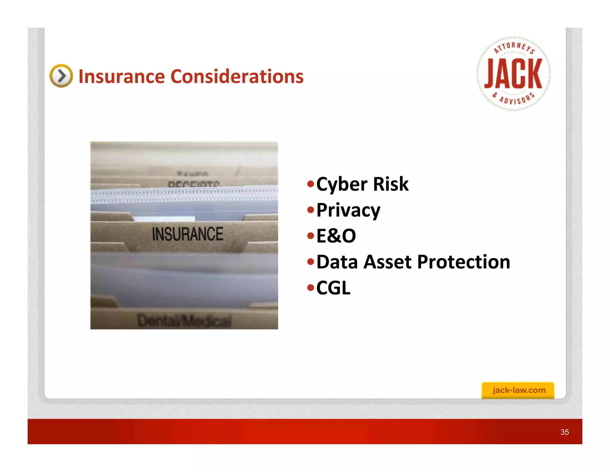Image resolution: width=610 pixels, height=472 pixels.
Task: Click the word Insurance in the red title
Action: click(x=121, y=76)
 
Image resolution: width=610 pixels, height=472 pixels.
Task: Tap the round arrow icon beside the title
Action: click(x=61, y=76)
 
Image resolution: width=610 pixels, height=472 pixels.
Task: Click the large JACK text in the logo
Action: click(x=513, y=74)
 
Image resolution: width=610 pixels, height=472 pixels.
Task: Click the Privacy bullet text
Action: click(x=348, y=210)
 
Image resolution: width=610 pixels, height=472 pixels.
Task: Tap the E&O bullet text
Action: click(x=336, y=236)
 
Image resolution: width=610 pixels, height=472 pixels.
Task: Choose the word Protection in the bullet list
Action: click(x=463, y=262)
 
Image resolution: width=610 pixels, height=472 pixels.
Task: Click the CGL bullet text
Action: click(x=333, y=288)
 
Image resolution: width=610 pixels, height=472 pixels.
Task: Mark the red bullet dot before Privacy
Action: click(x=311, y=210)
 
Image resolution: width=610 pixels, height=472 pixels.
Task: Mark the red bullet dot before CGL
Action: click(x=311, y=288)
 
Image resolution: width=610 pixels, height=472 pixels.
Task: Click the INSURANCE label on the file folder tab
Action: click(x=188, y=234)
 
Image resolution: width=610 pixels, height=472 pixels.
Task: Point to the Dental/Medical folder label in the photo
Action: click(x=184, y=321)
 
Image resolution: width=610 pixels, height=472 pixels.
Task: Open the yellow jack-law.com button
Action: click(x=518, y=390)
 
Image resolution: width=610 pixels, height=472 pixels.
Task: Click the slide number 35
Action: click(x=564, y=432)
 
